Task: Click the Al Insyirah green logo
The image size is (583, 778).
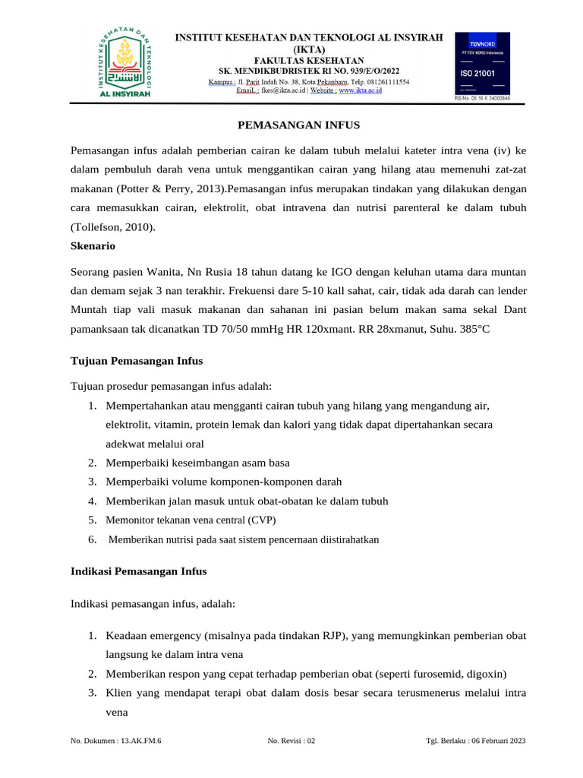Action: click(126, 64)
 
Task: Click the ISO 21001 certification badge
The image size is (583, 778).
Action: click(482, 66)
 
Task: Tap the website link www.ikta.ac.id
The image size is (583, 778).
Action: click(360, 90)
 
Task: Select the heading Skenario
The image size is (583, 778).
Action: click(93, 247)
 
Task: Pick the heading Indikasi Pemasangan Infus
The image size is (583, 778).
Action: click(138, 570)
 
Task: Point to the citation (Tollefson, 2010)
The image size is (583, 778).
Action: click(112, 227)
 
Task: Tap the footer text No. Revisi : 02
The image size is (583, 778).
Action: click(291, 741)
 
